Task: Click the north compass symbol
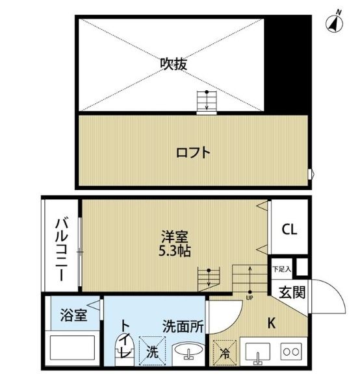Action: click(335, 24)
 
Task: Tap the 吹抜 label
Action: click(174, 64)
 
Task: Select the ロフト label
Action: click(193, 153)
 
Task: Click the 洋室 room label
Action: click(175, 237)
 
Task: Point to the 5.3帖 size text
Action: click(175, 251)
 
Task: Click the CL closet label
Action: click(289, 229)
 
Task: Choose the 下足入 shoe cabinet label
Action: click(281, 269)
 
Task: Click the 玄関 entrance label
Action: click(292, 293)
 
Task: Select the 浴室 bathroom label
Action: click(73, 315)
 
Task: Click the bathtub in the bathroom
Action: click(72, 348)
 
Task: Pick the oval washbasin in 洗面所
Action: click(188, 350)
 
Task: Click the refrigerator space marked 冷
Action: click(224, 353)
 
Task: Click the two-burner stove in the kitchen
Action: click(291, 352)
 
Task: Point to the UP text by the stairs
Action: click(250, 298)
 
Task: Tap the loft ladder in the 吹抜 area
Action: click(207, 103)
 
